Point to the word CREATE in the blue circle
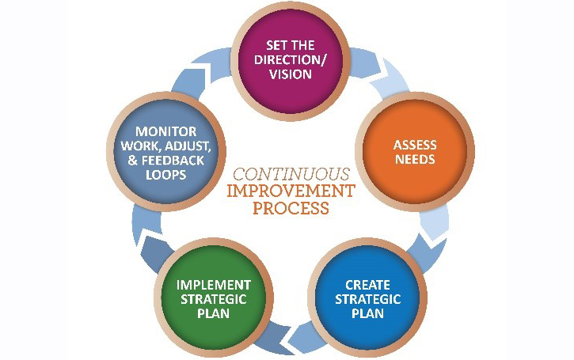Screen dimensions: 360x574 tap(368, 285)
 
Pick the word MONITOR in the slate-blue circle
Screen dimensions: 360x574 tap(166, 131)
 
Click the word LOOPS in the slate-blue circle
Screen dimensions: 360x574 tap(166, 174)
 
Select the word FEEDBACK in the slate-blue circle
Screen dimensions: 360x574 tap(176, 160)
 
